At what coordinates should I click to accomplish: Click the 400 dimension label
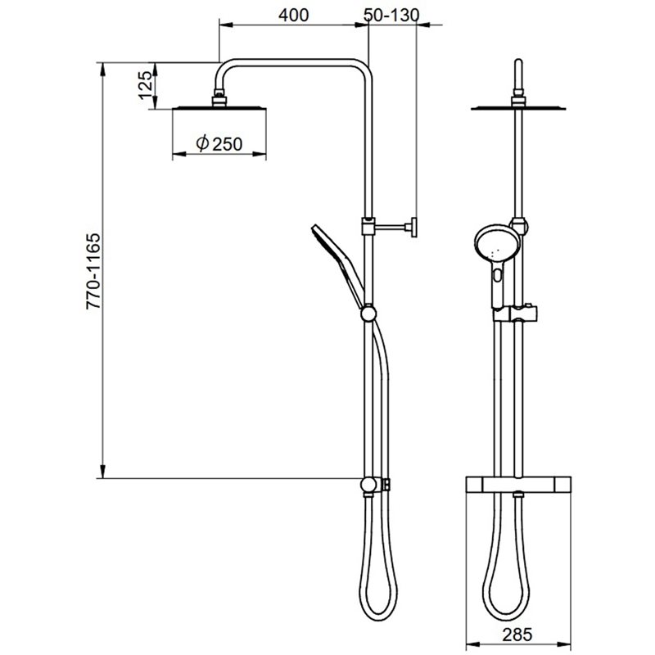[x=294, y=16]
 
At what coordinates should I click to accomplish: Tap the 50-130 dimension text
[x=391, y=16]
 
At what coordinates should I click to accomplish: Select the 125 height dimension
[x=146, y=85]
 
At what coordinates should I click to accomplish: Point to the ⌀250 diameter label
[x=219, y=143]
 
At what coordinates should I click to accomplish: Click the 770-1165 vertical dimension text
[x=93, y=271]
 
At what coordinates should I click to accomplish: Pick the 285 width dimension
[x=517, y=635]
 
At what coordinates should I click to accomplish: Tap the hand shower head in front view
[x=497, y=243]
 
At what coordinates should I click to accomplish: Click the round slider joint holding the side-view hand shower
[x=368, y=314]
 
